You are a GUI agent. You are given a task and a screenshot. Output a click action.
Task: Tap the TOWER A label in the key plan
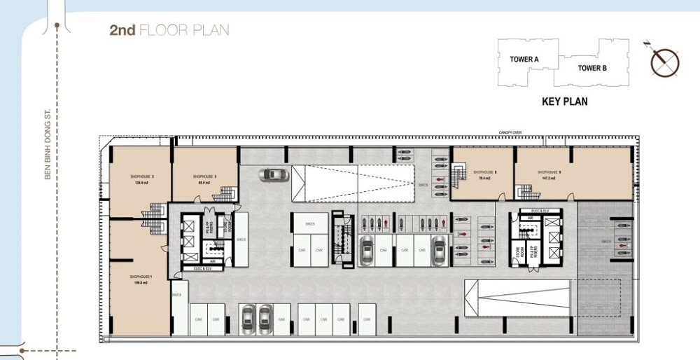pyautogui.click(x=524, y=60)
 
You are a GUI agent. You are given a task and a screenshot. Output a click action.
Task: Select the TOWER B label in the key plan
pyautogui.click(x=591, y=68)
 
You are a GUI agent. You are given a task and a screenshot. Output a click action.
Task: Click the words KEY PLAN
pyautogui.click(x=564, y=102)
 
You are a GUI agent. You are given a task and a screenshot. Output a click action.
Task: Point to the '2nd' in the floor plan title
pyautogui.click(x=122, y=30)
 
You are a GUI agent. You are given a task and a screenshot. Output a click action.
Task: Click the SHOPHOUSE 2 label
pyautogui.click(x=142, y=176)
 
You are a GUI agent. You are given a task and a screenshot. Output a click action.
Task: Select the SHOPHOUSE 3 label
pyautogui.click(x=204, y=176)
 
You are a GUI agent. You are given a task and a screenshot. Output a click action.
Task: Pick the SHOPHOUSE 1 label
pyautogui.click(x=140, y=277)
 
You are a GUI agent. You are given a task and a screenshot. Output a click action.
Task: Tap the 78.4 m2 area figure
pyautogui.click(x=484, y=179)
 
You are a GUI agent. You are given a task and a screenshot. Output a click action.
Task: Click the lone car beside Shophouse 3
pyautogui.click(x=273, y=174)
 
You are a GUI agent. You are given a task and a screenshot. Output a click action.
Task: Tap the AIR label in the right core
pyautogui.click(x=531, y=218)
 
